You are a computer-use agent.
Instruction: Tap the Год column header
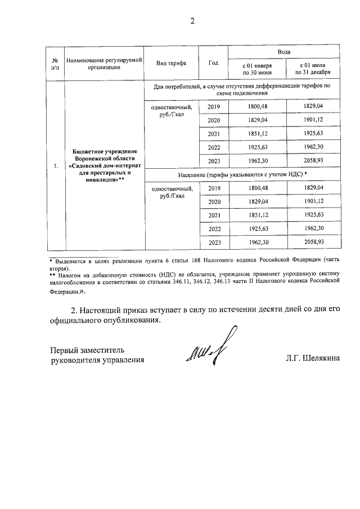click(213, 62)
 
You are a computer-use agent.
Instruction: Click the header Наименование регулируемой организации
click(103, 62)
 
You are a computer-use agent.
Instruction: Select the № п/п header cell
click(55, 62)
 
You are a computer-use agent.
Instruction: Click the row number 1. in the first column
click(55, 166)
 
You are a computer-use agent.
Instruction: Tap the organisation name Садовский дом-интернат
click(103, 166)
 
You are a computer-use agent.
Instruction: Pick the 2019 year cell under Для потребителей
click(214, 107)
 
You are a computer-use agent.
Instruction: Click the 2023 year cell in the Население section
click(214, 242)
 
